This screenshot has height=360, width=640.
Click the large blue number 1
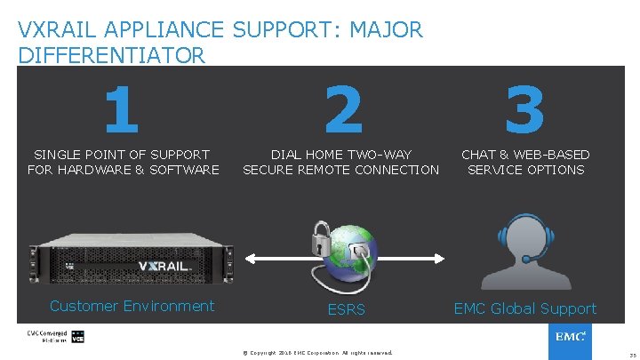pyautogui.click(x=122, y=108)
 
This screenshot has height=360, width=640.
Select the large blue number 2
pyautogui.click(x=343, y=108)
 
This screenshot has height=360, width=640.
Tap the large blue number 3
pyautogui.click(x=524, y=108)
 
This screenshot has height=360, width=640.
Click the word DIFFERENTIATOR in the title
pyautogui.click(x=111, y=55)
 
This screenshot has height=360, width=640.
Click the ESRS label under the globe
pyautogui.click(x=347, y=310)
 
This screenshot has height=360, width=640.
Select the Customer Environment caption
pyautogui.click(x=132, y=306)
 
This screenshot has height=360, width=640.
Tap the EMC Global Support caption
pyautogui.click(x=525, y=308)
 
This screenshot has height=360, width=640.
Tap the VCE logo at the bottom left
pyautogui.click(x=77, y=338)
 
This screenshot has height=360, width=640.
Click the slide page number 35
pyautogui.click(x=629, y=353)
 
